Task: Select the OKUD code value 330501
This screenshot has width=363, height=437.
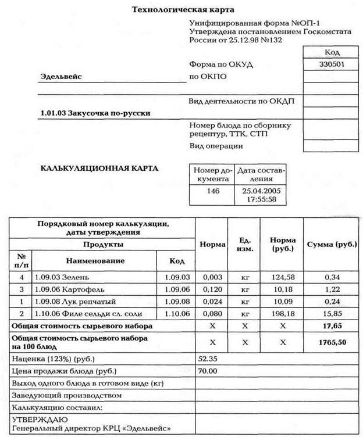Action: click(x=331, y=64)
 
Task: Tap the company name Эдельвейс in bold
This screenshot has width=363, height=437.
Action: click(x=61, y=76)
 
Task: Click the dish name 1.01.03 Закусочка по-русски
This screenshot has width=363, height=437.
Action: click(x=95, y=113)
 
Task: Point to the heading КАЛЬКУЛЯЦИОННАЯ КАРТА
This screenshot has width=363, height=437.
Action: click(x=99, y=169)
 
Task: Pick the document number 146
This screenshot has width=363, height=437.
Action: click(x=213, y=191)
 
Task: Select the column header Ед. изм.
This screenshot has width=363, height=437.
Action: click(x=245, y=245)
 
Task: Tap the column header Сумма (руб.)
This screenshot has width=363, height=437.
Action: click(x=332, y=244)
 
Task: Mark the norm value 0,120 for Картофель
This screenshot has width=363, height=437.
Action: click(x=212, y=289)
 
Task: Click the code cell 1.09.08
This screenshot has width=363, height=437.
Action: click(x=177, y=301)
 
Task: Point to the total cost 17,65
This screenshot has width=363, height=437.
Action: click(x=332, y=326)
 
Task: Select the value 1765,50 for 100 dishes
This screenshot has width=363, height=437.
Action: click(x=332, y=342)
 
